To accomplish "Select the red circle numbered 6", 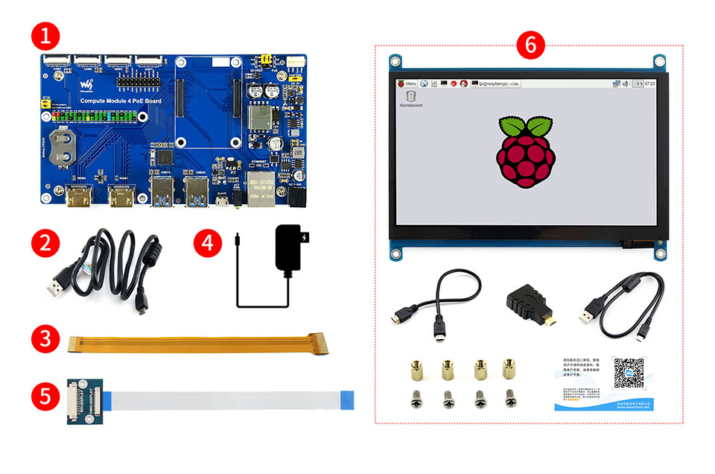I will tap(530, 45).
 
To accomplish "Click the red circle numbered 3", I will tap(46, 339).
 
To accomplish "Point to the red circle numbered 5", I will tap(46, 395).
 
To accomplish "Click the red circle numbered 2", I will tap(46, 243).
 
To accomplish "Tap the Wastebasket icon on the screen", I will tap(411, 99).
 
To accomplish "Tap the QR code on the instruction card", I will tap(629, 373).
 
